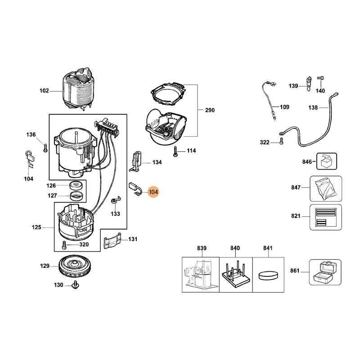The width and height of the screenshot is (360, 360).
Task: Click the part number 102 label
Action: [x=44, y=90]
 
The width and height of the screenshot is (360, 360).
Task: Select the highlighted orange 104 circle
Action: [x=153, y=192]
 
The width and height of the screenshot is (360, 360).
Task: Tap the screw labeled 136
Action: [x=45, y=147]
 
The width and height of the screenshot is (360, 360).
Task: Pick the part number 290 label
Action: [x=210, y=110]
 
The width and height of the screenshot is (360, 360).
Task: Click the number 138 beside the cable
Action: [x=313, y=108]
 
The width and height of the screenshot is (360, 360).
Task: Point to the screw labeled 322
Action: [x=281, y=141]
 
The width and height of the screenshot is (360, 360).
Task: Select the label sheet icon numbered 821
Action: [x=326, y=216]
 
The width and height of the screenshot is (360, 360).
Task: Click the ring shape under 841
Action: [x=268, y=274]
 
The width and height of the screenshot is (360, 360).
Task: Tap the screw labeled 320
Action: [x=64, y=245]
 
